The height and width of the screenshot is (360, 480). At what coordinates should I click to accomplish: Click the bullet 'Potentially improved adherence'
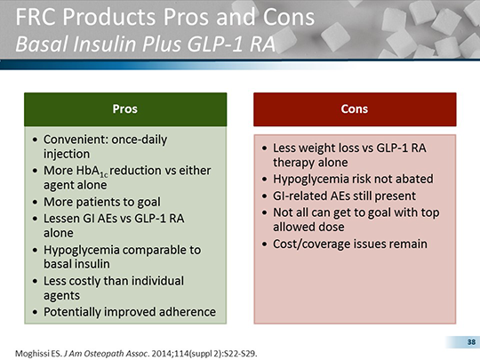(130, 311)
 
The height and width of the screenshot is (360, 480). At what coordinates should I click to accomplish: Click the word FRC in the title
(34, 20)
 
